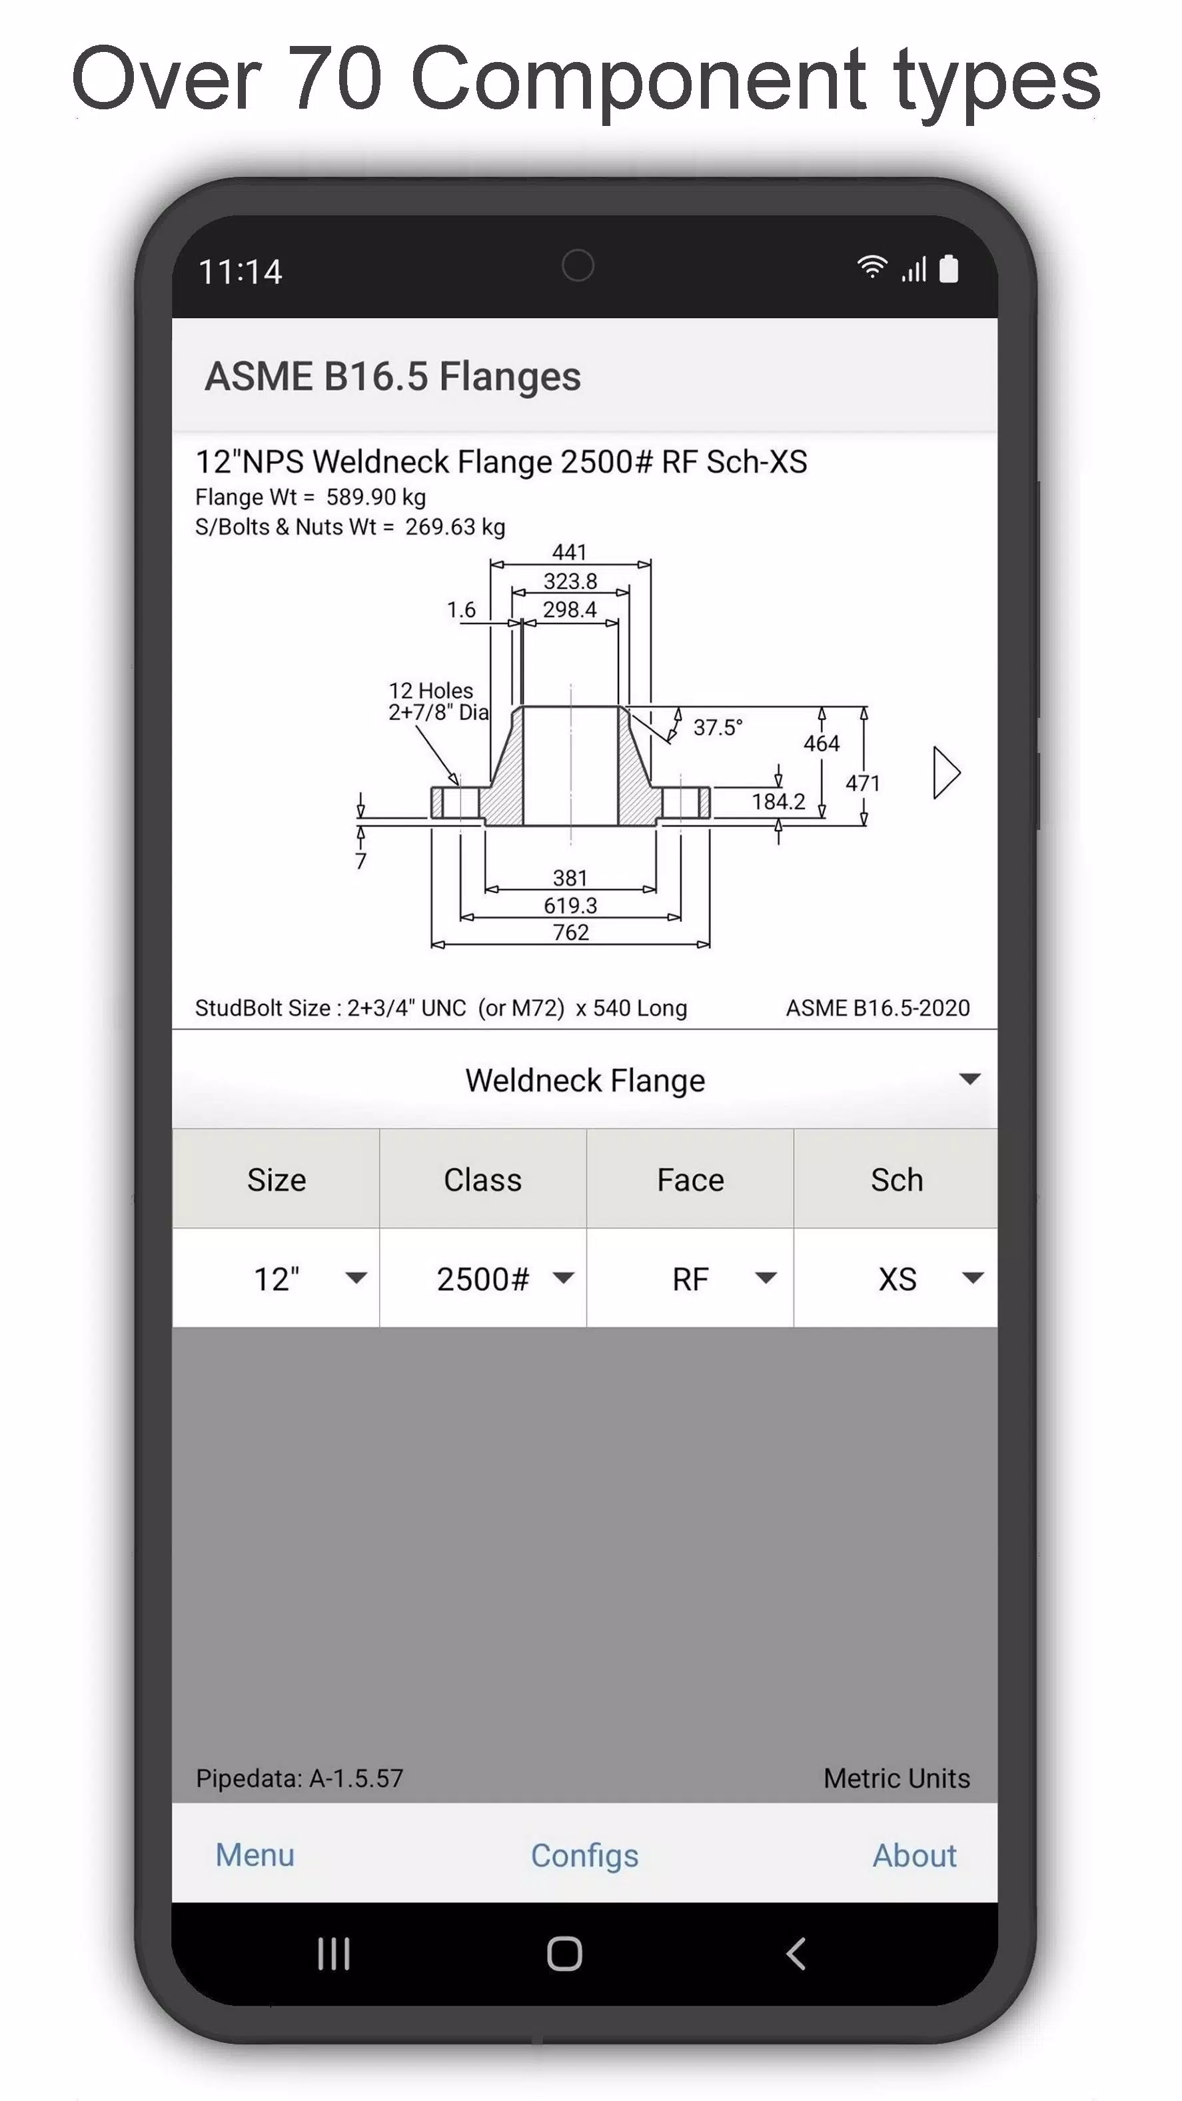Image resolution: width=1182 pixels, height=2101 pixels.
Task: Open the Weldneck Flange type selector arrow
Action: (x=969, y=1079)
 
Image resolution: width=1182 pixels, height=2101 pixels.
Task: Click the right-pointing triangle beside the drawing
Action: (x=945, y=773)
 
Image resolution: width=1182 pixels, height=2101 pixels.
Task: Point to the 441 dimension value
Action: (x=569, y=552)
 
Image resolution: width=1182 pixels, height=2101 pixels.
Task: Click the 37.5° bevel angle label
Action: (x=718, y=727)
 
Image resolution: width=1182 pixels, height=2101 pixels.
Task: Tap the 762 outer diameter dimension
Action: (x=570, y=933)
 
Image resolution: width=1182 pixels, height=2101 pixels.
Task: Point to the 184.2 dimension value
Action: (x=778, y=802)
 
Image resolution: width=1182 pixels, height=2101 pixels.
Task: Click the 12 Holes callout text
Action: (x=430, y=691)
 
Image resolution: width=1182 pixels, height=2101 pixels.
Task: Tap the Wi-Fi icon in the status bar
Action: (x=872, y=267)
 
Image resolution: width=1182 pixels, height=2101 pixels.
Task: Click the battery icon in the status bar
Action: (x=948, y=269)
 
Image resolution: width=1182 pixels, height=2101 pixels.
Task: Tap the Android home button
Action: (x=564, y=1954)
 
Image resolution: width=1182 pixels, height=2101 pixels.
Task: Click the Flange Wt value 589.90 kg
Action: (x=376, y=497)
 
